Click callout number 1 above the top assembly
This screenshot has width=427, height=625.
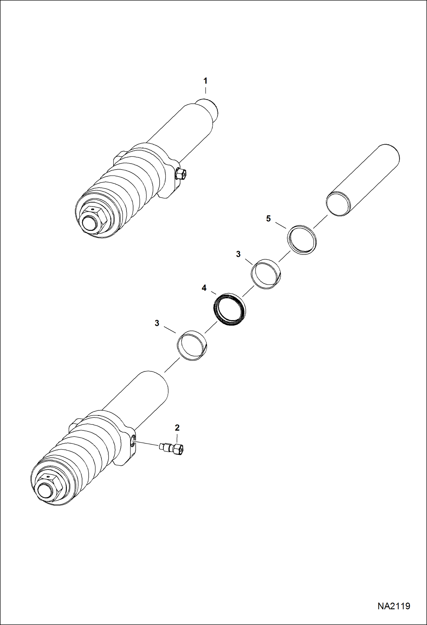click(x=205, y=81)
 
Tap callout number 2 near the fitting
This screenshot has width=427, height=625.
click(x=177, y=427)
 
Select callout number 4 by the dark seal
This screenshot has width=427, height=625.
click(x=204, y=288)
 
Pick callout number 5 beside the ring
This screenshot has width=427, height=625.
click(x=268, y=219)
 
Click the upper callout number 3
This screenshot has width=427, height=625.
click(x=238, y=254)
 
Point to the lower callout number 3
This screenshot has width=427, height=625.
click(x=157, y=323)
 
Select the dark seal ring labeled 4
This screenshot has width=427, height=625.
click(x=230, y=309)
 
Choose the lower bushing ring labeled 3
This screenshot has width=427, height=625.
click(x=192, y=345)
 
